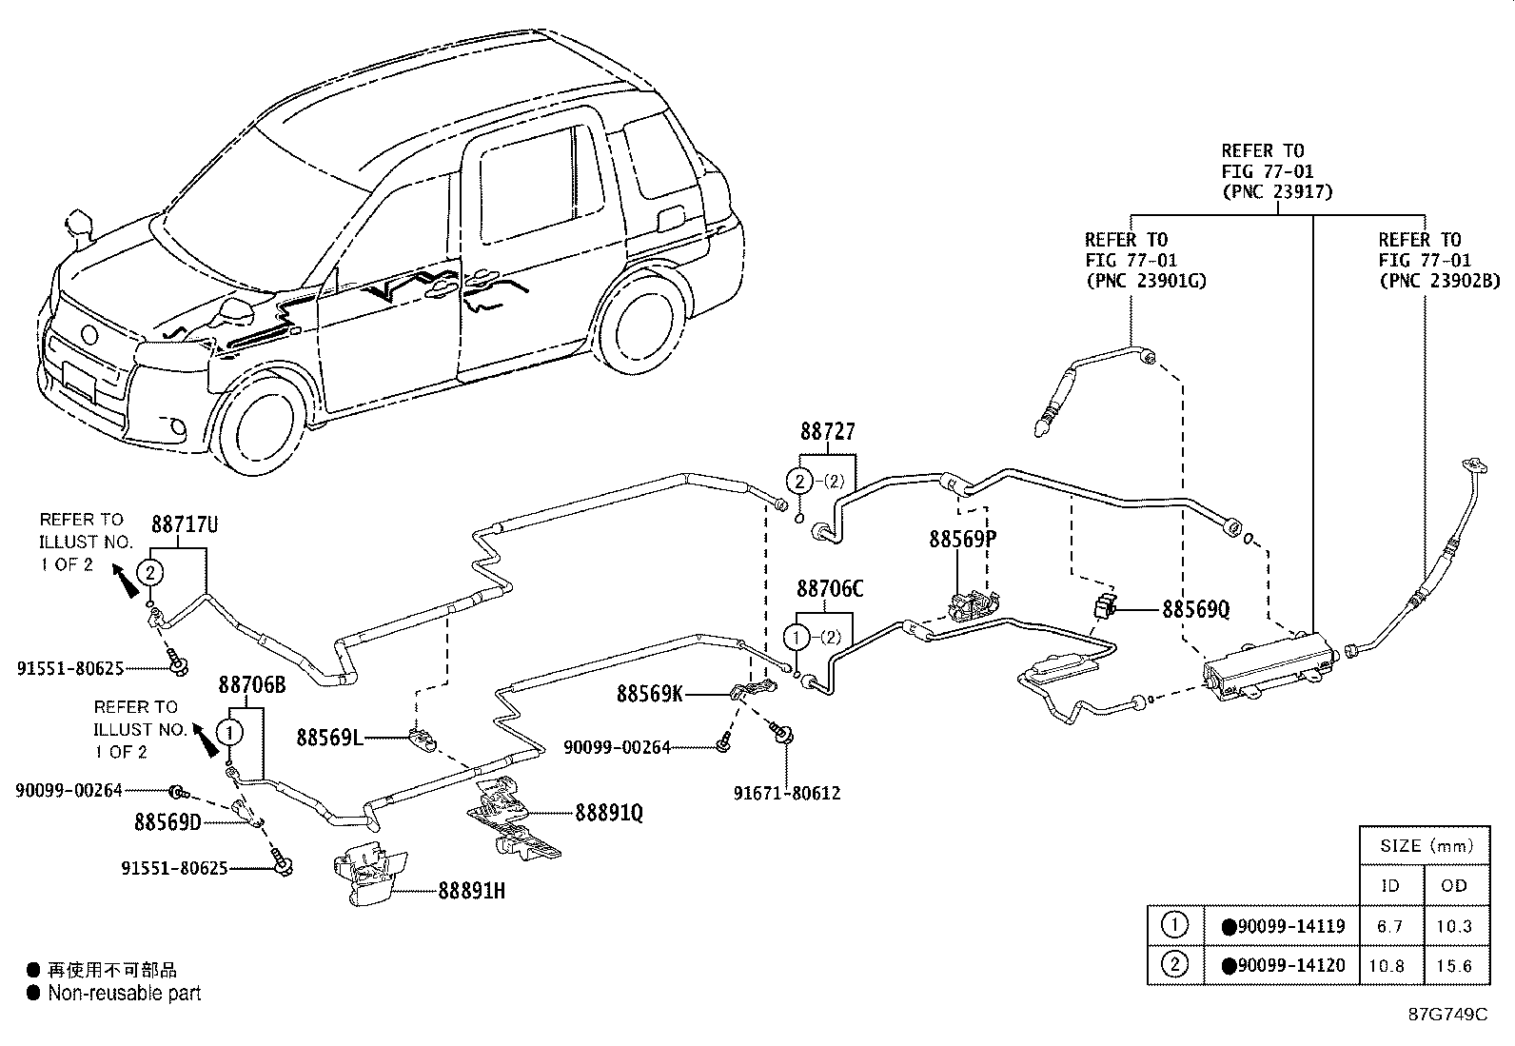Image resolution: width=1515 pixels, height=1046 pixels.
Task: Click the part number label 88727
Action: coord(828,431)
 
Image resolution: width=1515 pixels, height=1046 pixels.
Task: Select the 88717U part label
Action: coord(185,524)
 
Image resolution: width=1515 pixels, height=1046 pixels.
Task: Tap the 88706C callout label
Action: coord(830,588)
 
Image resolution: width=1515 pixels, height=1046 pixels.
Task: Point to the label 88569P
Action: coord(962,539)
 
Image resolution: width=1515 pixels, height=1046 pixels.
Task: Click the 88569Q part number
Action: coord(1196,609)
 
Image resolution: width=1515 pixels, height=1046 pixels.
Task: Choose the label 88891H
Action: coord(471,891)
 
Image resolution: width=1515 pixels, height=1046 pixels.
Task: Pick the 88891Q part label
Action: coord(609,813)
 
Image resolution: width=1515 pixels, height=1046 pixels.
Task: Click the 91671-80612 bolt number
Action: coord(787,792)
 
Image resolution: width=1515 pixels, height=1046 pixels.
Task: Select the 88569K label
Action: coord(649,694)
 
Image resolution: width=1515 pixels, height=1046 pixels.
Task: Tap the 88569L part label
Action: coord(329,738)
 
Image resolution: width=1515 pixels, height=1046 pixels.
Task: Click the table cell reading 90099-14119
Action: coord(1283,925)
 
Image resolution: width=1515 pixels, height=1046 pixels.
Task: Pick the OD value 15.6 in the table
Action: coord(1454,965)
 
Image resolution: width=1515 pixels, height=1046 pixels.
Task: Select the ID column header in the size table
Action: coord(1390,885)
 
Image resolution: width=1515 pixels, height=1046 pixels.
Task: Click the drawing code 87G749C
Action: coord(1448,1014)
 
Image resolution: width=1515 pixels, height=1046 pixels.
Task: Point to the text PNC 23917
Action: coord(1278,192)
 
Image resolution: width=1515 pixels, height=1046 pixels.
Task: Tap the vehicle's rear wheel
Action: coord(642,324)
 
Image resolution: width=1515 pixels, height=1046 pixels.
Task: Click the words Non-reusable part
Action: coord(125,993)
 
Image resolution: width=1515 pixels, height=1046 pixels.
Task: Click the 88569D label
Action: coord(167,822)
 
